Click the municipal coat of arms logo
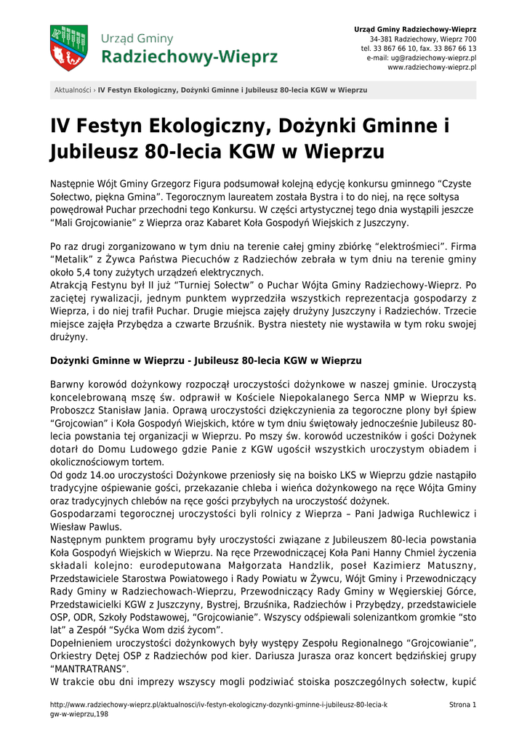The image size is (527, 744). [x=68, y=48]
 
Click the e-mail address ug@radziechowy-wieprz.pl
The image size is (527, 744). [x=435, y=57]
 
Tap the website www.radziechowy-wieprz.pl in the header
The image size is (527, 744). [x=432, y=67]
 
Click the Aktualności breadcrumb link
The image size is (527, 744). [x=73, y=90]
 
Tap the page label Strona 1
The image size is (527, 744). [x=463, y=705]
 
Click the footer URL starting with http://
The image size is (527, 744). [x=218, y=705]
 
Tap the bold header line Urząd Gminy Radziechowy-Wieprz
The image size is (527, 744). [x=415, y=28]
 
